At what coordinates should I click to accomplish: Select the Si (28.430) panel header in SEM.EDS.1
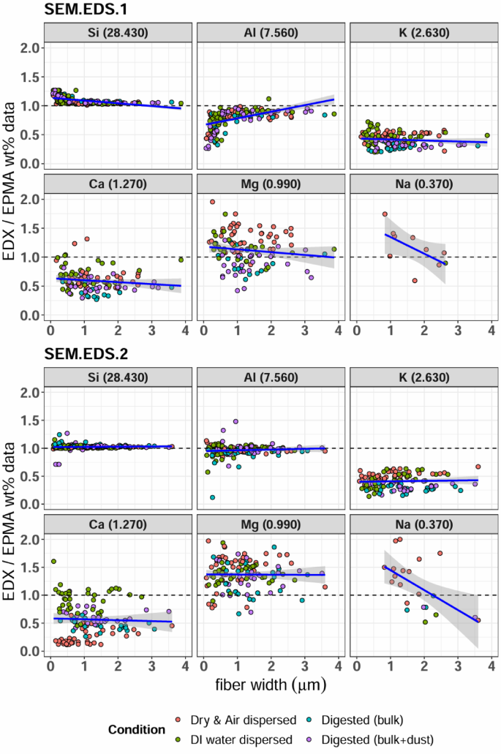118,32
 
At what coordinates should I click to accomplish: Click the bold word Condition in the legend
138,729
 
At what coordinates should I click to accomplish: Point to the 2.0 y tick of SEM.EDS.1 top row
28,48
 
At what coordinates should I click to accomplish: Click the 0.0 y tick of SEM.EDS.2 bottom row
28,651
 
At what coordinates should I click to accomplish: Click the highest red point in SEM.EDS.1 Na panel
385,214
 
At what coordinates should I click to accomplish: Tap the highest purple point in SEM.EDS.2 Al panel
236,421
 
